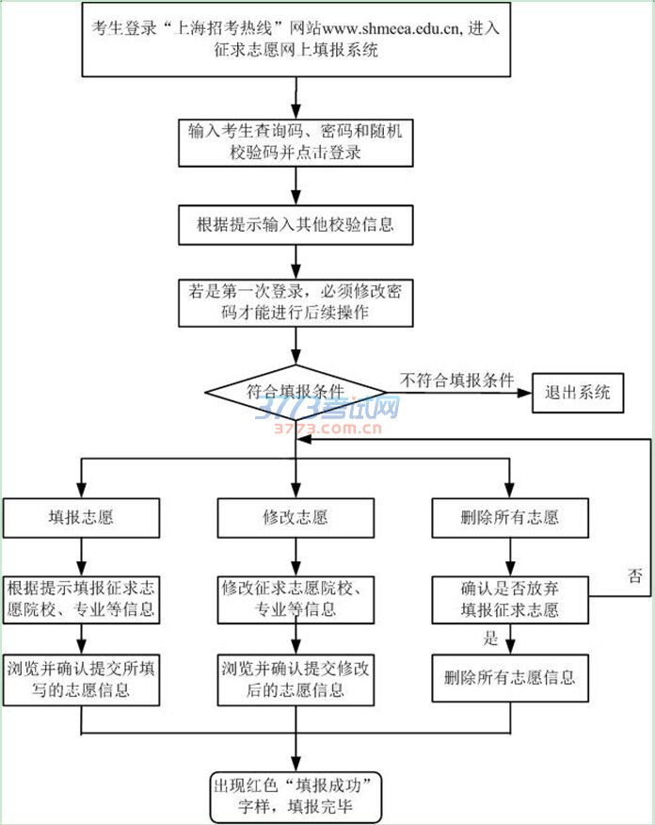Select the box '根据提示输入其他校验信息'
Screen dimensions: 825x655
click(x=296, y=224)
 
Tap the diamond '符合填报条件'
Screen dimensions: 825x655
click(x=296, y=391)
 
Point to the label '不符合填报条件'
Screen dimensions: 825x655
click(x=457, y=380)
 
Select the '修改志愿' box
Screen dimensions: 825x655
click(x=296, y=517)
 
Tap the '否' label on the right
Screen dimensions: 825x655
click(x=635, y=575)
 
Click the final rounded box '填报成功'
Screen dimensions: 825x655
click(x=296, y=796)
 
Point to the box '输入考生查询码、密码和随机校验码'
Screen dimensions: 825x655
click(x=296, y=141)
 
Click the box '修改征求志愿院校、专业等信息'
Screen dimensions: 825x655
click(x=296, y=599)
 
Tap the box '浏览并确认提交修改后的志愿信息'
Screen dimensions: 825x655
click(x=296, y=679)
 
